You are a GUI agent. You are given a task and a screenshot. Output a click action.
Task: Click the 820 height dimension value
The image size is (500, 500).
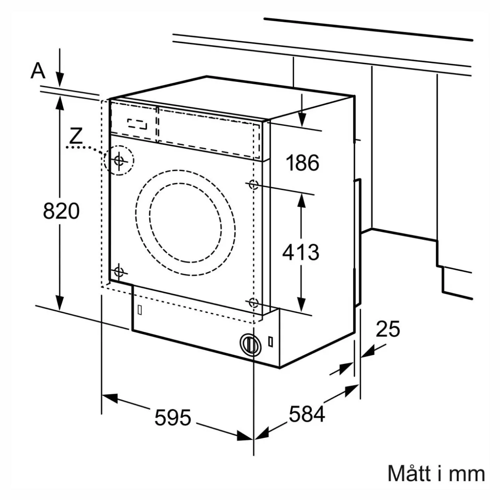[61, 211]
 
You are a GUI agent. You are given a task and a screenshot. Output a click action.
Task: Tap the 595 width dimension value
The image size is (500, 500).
[173, 417]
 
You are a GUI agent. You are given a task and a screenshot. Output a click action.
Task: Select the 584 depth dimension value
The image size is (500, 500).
[307, 414]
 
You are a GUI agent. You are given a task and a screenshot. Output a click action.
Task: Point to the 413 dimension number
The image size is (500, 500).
[301, 252]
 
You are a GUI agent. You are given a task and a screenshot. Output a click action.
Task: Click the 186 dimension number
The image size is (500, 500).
[302, 163]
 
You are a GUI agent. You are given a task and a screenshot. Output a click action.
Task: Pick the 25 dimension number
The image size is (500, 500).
[388, 329]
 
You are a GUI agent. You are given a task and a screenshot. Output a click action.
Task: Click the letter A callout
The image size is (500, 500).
[38, 71]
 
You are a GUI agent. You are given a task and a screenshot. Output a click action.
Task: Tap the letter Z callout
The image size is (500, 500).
[76, 136]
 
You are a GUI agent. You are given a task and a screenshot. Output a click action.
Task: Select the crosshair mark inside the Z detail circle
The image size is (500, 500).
[119, 160]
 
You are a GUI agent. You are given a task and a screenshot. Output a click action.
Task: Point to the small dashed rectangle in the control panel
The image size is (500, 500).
[137, 124]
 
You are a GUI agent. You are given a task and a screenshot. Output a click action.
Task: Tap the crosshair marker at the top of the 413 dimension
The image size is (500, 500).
[253, 185]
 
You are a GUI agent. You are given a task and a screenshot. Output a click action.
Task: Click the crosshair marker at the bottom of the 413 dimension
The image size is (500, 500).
[253, 302]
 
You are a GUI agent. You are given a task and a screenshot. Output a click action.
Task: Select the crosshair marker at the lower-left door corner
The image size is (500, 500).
[119, 272]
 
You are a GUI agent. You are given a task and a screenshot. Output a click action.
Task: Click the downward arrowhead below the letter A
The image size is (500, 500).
[60, 79]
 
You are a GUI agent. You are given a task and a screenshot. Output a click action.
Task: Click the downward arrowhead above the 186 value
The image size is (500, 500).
[302, 120]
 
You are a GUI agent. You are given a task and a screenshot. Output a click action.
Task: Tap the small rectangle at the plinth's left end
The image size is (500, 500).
[140, 310]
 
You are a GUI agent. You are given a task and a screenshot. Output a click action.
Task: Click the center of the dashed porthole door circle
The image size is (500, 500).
[185, 223]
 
